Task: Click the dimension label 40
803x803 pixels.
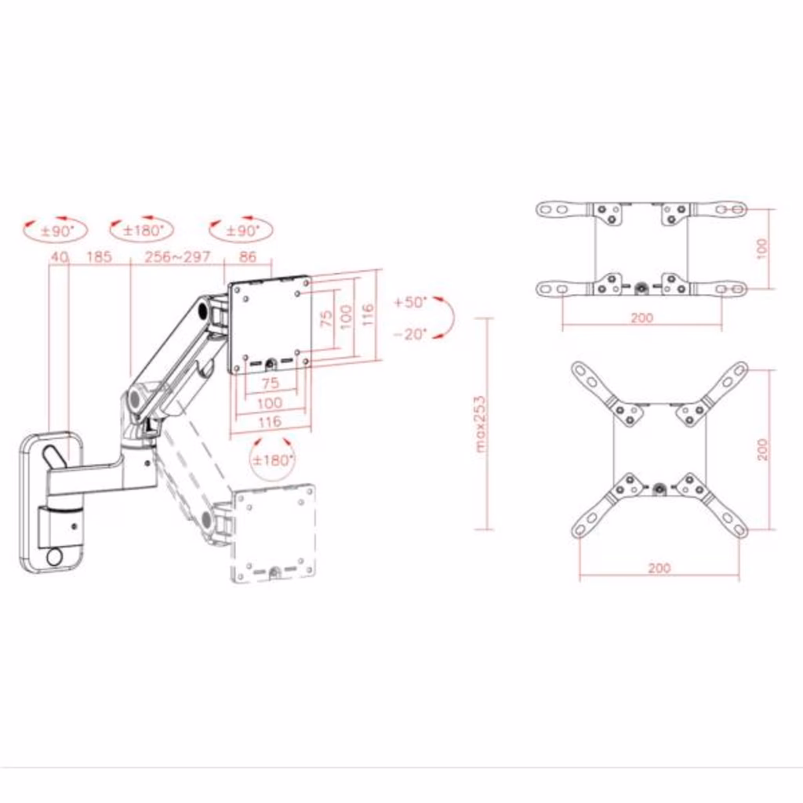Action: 60,256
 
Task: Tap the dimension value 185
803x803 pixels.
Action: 99,256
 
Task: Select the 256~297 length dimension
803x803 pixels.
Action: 178,256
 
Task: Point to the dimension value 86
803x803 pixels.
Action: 247,256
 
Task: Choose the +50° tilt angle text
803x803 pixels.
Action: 410,302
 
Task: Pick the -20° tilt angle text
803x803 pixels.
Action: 410,334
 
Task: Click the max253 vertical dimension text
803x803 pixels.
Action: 480,423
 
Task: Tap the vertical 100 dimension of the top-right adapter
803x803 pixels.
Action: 762,249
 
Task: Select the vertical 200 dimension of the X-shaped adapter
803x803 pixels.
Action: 762,449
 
